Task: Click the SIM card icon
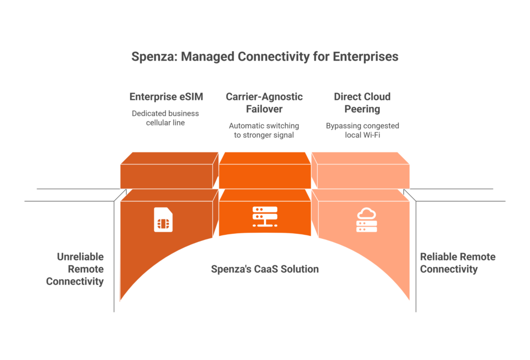coord(163,220)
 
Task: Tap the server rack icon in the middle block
coord(265,217)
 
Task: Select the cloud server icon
coord(366,220)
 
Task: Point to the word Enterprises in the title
coord(365,57)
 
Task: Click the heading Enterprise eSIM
coord(166,97)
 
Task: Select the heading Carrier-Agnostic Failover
coord(264,102)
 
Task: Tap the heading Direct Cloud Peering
coord(362,102)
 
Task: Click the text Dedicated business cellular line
coord(165,118)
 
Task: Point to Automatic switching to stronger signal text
coord(264,130)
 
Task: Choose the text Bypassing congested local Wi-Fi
coord(362,130)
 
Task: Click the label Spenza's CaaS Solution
coord(265,269)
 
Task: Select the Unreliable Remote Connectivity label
coord(75,269)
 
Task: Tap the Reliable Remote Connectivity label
coord(458,263)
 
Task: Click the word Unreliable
coord(80,257)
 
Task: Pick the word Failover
coord(264,109)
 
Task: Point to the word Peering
coord(362,110)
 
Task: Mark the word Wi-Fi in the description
coord(372,135)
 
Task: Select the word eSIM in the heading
coord(192,97)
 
